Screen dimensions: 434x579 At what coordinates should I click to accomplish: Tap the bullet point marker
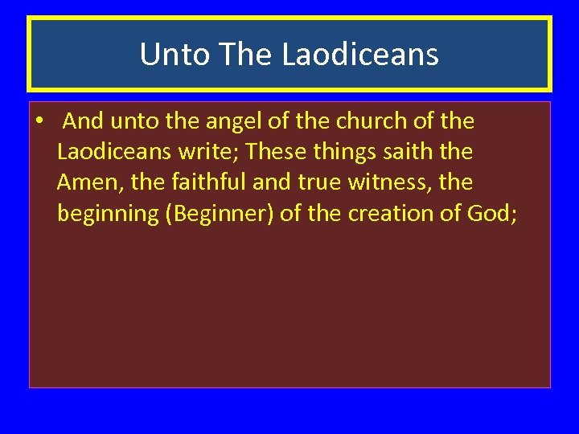[38, 122]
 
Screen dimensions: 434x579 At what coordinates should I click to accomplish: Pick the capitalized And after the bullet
[82, 121]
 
